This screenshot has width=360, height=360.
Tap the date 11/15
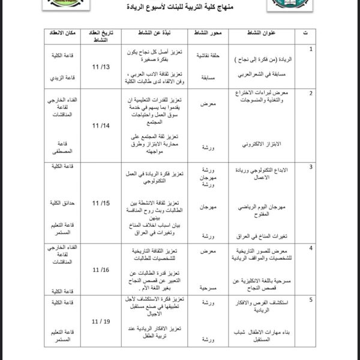point(101,203)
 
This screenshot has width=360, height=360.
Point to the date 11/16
point(101,271)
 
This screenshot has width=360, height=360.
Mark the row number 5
point(310,298)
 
